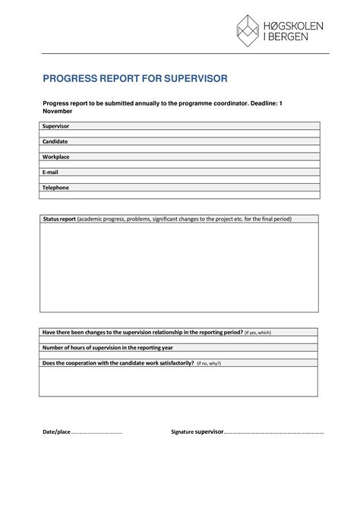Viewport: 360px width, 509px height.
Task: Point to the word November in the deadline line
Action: [57, 111]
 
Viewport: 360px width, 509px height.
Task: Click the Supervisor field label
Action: [55, 125]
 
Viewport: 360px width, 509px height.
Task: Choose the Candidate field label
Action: [55, 141]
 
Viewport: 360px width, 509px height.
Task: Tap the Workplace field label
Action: [55, 156]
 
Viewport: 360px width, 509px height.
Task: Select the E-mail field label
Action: [51, 172]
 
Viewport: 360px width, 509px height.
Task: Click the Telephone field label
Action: [55, 187]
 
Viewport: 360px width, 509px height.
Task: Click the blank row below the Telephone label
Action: [179, 195]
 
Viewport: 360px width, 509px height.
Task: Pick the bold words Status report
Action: [59, 219]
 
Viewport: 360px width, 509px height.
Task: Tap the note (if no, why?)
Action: [209, 363]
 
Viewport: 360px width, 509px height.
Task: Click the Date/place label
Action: [56, 432]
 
